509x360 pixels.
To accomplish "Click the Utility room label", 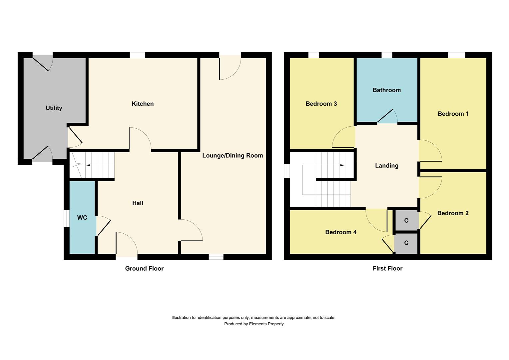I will tap(54, 108).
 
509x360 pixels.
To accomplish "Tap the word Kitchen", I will tap(143, 104).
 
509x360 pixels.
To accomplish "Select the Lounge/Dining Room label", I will tap(233, 155).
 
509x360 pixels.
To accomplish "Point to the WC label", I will tap(82, 218).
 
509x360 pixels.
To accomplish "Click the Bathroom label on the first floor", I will tap(386, 90).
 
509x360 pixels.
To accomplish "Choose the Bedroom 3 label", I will tap(321, 104).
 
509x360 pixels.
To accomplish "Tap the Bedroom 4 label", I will tap(341, 232).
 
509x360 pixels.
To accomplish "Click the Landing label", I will tap(386, 166).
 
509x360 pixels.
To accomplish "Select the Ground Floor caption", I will tap(144, 268).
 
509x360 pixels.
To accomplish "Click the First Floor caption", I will tap(387, 268).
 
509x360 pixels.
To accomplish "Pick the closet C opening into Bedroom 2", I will tap(406, 221).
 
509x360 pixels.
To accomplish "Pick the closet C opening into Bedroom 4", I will tap(406, 243).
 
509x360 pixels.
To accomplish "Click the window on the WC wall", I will tap(67, 218).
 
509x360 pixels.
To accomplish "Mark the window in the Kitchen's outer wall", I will tap(137, 55).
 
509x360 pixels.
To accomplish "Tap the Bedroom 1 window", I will tap(456, 55).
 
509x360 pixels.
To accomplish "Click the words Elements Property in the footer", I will tap(266, 324).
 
